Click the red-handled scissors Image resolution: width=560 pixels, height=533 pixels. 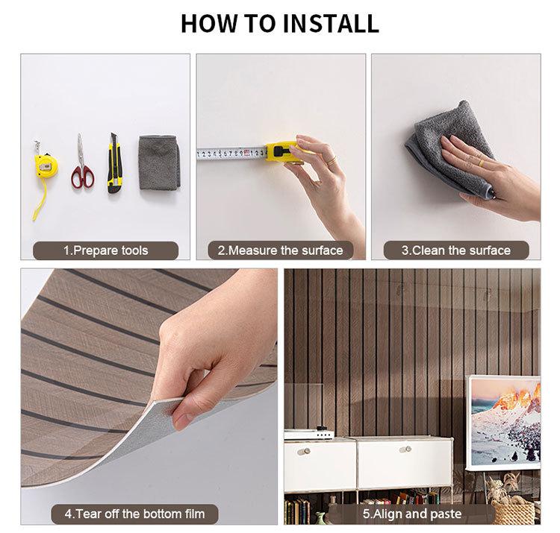(82, 163)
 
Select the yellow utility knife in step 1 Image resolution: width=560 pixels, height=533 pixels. (115, 163)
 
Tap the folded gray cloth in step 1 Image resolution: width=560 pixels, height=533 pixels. (159, 163)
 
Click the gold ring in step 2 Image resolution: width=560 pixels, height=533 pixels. (332, 160)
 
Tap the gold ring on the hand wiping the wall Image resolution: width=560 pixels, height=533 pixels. (482, 163)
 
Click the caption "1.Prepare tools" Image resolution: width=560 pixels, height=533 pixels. (106, 250)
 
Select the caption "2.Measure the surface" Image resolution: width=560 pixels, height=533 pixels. (281, 250)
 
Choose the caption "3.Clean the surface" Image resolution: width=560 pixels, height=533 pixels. (456, 250)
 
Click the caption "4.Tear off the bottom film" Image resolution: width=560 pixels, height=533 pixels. (134, 514)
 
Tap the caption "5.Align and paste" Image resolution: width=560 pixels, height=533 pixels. (412, 514)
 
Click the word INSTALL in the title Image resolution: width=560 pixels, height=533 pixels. (331, 24)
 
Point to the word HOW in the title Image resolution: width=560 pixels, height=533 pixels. (209, 24)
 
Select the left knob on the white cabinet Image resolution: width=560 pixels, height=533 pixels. (304, 451)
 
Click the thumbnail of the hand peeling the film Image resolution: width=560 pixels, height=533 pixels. (149, 397)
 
